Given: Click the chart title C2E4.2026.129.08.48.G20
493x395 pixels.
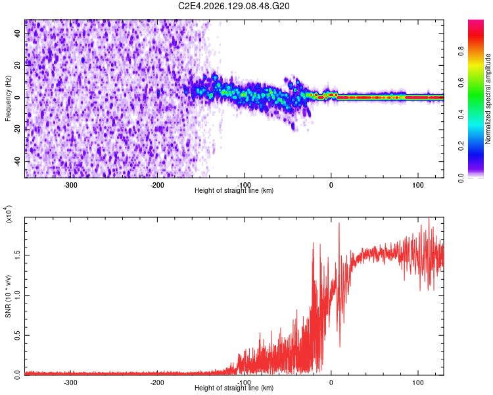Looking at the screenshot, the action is [233, 6].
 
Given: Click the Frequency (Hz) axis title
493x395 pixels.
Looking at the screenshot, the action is [8, 99].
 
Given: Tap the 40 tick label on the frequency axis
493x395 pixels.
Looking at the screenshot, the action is [17, 34].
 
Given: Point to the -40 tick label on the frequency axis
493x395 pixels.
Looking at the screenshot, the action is [17, 162].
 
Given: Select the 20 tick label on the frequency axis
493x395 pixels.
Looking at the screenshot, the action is [17, 66].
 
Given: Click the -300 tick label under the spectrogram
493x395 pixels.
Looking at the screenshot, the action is [70, 185].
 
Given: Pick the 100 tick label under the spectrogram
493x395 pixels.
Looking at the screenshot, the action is [418, 185].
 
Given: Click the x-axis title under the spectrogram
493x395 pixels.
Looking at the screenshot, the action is [234, 190].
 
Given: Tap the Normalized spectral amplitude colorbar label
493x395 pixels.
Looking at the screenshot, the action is [488, 99].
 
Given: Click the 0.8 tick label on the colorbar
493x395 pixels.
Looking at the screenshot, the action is [461, 51].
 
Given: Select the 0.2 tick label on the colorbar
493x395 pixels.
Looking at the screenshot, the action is [461, 146].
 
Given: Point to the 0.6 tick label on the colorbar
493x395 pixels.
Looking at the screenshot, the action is [461, 83].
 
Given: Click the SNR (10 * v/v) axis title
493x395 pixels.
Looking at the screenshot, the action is [8, 296].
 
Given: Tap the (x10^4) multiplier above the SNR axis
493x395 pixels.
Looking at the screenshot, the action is [9, 214].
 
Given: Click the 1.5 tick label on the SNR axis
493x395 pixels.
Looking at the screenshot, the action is [17, 255].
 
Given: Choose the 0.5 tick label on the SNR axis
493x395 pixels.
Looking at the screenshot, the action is [17, 336].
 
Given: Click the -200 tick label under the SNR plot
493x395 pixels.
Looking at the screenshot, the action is [157, 382].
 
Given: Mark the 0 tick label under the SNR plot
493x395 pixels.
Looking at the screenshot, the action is [331, 382].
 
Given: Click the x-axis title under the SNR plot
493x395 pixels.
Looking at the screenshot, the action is [234, 388].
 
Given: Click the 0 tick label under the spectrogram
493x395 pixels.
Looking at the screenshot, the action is [331, 185].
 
